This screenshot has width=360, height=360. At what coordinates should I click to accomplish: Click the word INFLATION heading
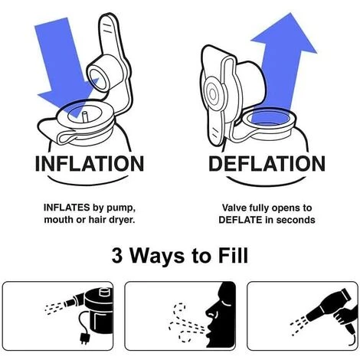coord(90,163)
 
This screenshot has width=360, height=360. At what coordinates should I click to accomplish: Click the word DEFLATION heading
coord(267,163)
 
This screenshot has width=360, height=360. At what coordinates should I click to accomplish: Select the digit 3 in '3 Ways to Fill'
coord(117,255)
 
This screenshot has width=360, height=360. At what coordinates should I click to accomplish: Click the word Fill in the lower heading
coord(233,255)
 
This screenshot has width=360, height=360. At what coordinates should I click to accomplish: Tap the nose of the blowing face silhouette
coord(210,311)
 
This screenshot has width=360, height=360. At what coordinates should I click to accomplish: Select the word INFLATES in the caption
coord(67,208)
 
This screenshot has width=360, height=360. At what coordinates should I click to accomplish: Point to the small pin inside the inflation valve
coord(85,117)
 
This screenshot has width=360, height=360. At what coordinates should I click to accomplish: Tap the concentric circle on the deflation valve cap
coord(213,94)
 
